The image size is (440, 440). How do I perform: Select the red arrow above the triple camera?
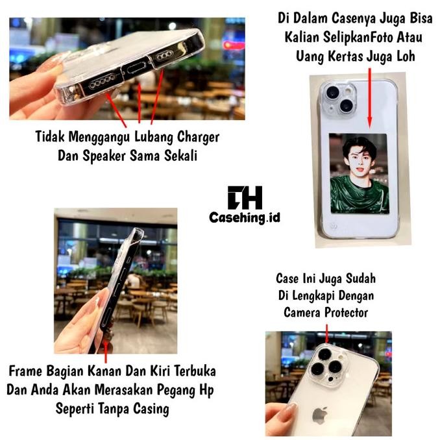tap(326, 336)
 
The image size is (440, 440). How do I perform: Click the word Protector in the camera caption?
tap(345, 312)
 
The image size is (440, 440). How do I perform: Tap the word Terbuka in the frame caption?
tap(192, 373)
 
